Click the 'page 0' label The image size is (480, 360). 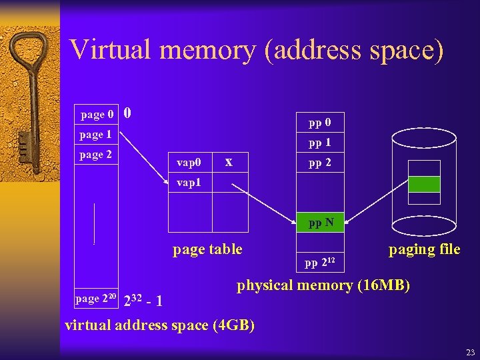pos(97,115)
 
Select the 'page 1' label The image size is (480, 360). pos(95,135)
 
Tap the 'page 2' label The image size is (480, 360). pos(95,155)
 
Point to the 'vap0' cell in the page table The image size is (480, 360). pos(189,162)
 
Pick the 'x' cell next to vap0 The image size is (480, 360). pos(229,161)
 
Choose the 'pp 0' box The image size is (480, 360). pos(319,123)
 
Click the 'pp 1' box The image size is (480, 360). pos(319,143)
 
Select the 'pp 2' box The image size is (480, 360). pos(319,163)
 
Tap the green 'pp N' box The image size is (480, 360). pos(320,223)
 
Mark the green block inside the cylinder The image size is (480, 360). pos(424,184)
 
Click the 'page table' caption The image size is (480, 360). pos(207,250)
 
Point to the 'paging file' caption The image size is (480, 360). pos(425,249)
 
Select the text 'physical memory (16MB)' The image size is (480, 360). pos(323,285)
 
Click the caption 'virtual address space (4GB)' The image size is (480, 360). pos(159,325)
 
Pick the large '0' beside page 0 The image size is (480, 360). pos(127,113)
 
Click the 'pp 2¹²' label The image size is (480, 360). pos(320,262)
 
